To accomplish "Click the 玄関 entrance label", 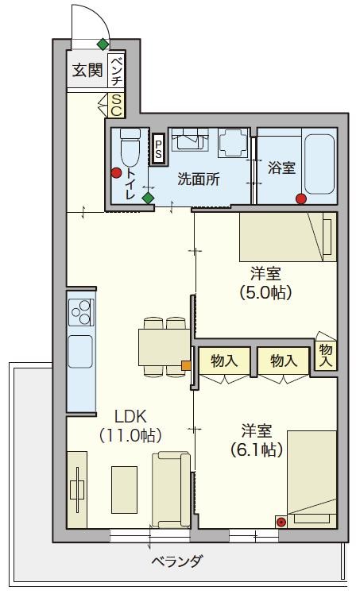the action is click(x=87, y=70).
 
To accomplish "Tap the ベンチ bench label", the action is click(x=117, y=71).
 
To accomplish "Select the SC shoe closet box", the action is click(x=116, y=105).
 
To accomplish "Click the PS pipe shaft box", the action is click(x=158, y=148).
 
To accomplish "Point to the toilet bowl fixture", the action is click(x=130, y=148).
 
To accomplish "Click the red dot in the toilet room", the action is click(x=116, y=173).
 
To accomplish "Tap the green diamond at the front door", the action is click(x=103, y=44).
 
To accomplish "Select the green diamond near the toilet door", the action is click(x=148, y=198).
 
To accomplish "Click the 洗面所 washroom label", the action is click(x=199, y=179).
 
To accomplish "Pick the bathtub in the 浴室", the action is click(x=319, y=164).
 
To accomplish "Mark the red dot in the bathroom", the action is click(x=301, y=199).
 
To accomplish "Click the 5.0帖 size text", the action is click(x=265, y=292).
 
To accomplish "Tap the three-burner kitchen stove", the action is click(x=81, y=312).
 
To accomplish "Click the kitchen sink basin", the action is click(x=80, y=352).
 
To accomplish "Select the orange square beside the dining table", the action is click(x=186, y=365).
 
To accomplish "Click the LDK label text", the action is click(x=130, y=417).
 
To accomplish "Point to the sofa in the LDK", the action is click(x=171, y=490).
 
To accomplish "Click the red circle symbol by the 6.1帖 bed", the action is click(x=281, y=523).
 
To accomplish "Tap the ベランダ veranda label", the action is click(x=177, y=561).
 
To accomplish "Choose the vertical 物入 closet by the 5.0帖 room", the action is click(x=326, y=355).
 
